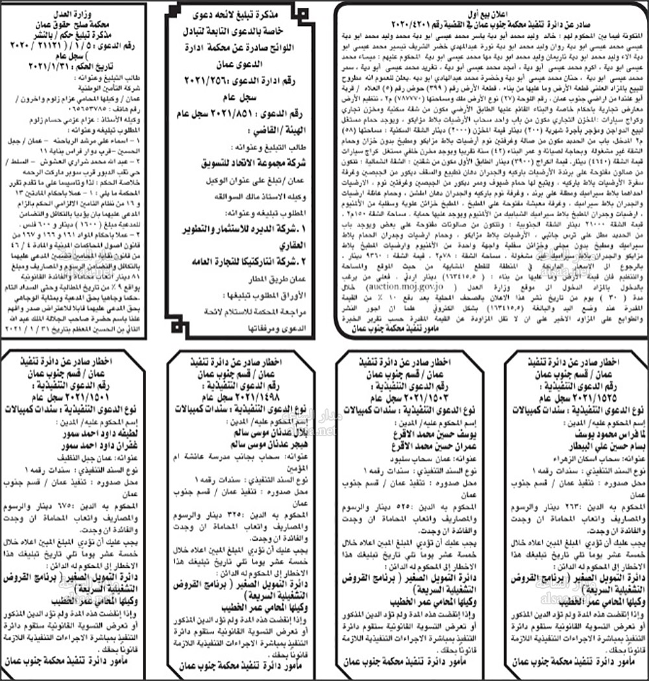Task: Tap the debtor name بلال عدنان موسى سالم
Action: tap(246, 432)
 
